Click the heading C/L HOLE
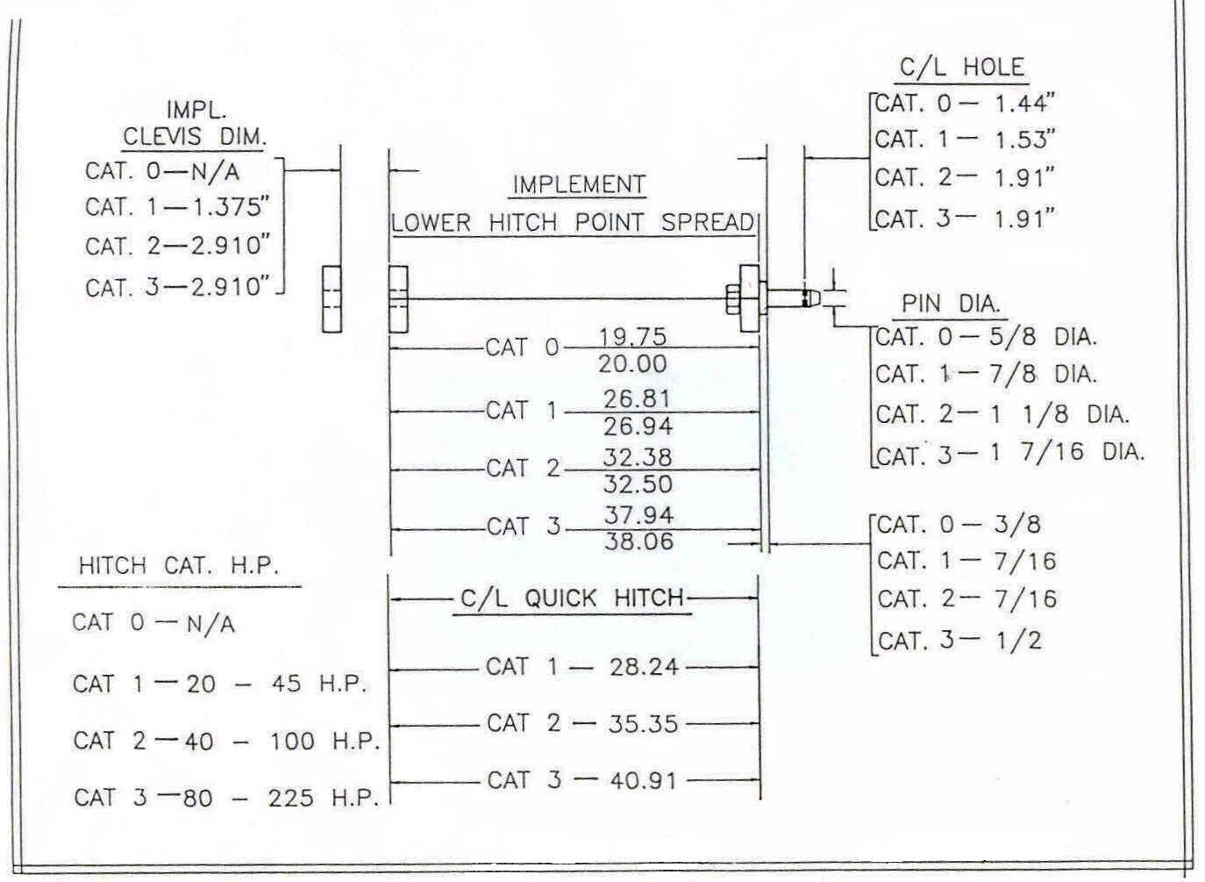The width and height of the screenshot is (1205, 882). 962,68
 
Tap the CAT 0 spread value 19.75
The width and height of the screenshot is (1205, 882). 632,337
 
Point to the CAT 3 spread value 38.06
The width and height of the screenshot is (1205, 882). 638,541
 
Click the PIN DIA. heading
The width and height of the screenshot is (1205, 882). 951,305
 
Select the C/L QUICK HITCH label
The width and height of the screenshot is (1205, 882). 572,599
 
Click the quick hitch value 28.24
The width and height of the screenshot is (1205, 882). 644,667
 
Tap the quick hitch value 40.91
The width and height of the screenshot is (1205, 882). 644,780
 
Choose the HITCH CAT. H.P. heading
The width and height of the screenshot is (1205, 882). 178,566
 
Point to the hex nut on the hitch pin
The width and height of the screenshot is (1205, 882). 733,299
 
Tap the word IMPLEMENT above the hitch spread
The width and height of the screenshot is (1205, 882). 579,185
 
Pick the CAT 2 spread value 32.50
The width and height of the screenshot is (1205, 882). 638,484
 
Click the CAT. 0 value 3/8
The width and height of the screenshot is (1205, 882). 1017,525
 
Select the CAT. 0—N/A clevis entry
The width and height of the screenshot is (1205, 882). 161,170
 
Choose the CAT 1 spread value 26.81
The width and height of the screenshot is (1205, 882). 637,399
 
